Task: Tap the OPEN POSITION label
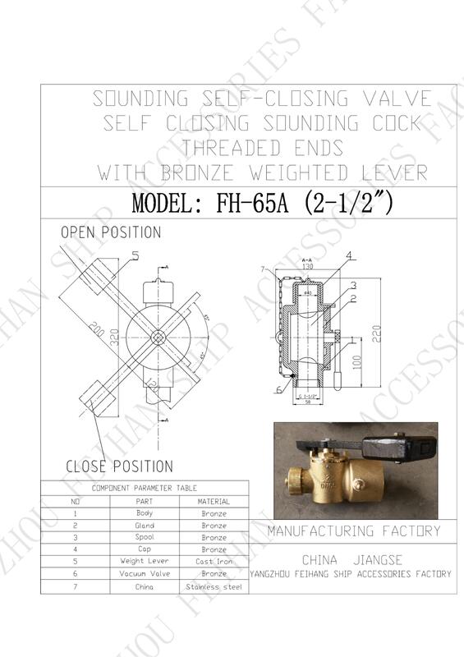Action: [x=111, y=233]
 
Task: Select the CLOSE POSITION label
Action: [x=119, y=466]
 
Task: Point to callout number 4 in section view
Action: [x=349, y=256]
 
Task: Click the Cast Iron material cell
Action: [x=214, y=562]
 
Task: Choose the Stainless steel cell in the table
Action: [x=214, y=587]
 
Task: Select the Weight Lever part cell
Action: [x=144, y=562]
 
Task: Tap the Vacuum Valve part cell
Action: [x=144, y=574]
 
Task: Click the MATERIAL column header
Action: [x=214, y=501]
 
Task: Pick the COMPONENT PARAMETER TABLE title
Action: [x=145, y=488]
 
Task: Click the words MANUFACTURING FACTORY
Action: [x=353, y=531]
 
